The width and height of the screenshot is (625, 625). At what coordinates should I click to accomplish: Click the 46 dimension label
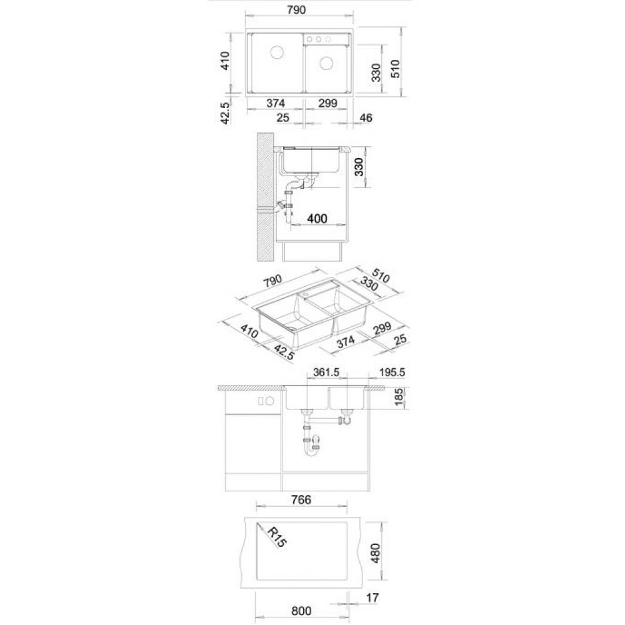click(x=366, y=118)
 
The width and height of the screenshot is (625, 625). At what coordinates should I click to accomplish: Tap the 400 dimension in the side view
click(x=317, y=218)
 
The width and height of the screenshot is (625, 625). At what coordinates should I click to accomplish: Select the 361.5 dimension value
click(x=326, y=372)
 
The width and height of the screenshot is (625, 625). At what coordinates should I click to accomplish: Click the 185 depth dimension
click(x=399, y=397)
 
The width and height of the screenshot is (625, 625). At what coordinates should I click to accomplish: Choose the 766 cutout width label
click(x=301, y=500)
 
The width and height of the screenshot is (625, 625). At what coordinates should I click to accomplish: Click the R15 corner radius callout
click(x=277, y=537)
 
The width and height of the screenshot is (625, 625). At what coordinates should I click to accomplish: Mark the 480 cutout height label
click(x=376, y=553)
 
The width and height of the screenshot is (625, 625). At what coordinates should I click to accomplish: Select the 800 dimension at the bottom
click(x=301, y=611)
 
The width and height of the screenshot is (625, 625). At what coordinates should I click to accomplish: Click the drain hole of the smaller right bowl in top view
click(x=326, y=63)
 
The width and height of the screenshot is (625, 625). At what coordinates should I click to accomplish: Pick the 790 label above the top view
click(x=296, y=9)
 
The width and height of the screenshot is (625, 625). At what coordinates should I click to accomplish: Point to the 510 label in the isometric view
click(x=380, y=275)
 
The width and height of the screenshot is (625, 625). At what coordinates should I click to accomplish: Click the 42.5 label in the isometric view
click(x=284, y=352)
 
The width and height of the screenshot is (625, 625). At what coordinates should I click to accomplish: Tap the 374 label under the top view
click(x=276, y=103)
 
